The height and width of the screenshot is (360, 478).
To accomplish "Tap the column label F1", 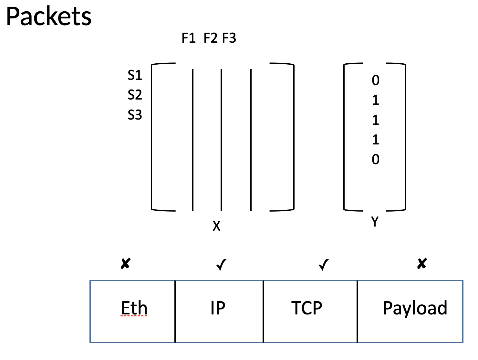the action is tap(188, 38).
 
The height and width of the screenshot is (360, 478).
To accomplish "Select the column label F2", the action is tap(210, 38).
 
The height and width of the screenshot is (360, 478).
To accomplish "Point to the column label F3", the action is tap(229, 38).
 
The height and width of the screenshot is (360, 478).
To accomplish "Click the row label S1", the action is tap(135, 75).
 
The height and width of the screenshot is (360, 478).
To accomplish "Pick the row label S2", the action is tap(135, 95).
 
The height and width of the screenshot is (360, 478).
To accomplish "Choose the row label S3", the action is tap(135, 114).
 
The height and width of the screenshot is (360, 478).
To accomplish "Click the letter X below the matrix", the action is tap(216, 226).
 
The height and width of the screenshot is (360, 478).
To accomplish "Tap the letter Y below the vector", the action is tap(375, 221).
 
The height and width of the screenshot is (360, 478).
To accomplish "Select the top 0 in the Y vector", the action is tap(375, 80).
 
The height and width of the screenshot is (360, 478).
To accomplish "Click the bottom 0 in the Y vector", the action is tap(375, 159).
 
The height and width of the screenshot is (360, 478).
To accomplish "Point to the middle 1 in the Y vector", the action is tap(375, 120).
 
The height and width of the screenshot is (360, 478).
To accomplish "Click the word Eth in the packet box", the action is tap(134, 308).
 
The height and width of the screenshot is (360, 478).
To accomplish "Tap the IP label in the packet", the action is tap(218, 308).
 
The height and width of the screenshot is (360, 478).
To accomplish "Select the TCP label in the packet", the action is tap(307, 308).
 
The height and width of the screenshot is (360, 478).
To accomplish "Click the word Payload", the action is tap(415, 308).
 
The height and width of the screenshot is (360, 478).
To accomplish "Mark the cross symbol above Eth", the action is tap(126, 263).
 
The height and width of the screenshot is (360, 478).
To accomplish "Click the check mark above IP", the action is tap(221, 265).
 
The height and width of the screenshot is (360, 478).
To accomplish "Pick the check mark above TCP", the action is tap(323, 265).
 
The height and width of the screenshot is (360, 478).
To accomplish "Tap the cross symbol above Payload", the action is tap(422, 263).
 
